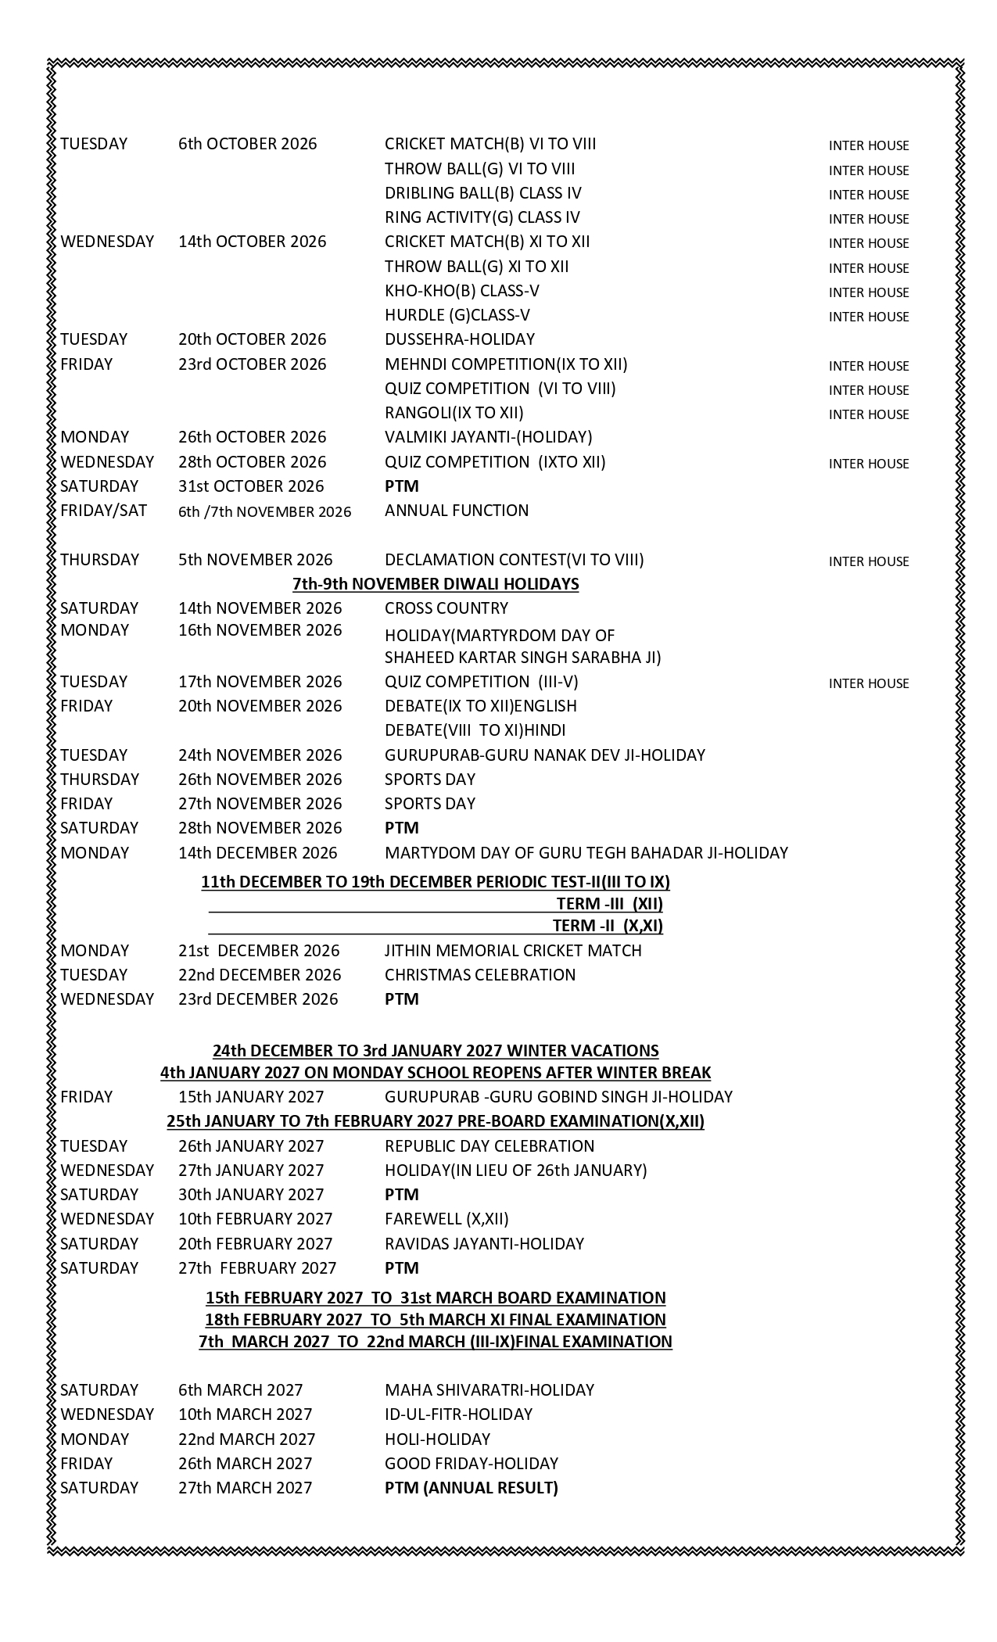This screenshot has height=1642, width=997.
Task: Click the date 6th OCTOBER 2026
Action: (247, 144)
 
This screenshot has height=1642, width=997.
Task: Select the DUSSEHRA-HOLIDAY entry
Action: (459, 339)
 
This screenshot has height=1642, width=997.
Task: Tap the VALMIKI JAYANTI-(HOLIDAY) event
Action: (488, 437)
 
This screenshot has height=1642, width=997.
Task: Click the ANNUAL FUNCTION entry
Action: (456, 511)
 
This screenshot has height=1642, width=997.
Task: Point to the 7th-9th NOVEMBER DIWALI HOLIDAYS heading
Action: (436, 584)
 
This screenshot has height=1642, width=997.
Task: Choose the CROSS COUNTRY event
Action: (446, 608)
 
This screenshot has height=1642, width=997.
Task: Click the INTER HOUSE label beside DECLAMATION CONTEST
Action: (868, 561)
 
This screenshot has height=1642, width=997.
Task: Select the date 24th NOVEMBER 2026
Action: (260, 755)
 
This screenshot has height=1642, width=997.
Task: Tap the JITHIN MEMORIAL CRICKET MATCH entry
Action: (512, 951)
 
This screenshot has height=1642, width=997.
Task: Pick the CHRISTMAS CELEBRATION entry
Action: (479, 975)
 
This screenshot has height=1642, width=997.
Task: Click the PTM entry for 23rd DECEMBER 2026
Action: (401, 999)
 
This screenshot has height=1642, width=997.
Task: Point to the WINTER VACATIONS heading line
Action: (436, 1051)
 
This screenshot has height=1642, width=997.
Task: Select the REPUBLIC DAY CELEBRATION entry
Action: (489, 1146)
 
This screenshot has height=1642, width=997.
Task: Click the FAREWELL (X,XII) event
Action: (446, 1219)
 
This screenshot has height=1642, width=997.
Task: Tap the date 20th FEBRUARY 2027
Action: (255, 1244)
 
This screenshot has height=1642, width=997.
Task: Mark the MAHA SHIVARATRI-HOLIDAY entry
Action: (489, 1390)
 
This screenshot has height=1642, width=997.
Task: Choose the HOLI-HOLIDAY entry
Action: (437, 1439)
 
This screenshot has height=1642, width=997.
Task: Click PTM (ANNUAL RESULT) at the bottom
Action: (471, 1488)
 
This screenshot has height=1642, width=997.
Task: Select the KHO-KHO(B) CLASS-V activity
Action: (461, 291)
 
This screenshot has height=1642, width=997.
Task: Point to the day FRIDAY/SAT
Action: (103, 511)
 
